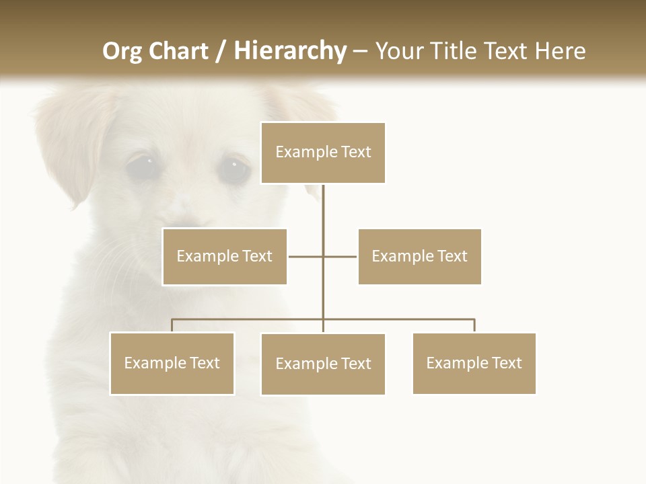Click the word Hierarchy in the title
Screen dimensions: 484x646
coord(289,51)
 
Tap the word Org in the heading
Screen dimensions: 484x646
coord(122,51)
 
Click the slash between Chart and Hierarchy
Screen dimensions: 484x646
coord(221,51)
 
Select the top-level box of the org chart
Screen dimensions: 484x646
coord(323,153)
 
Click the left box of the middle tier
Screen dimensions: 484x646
coord(224,256)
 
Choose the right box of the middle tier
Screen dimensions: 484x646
coord(419,256)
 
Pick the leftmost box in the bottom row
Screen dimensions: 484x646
coord(172,363)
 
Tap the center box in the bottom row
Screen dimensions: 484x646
coord(323,364)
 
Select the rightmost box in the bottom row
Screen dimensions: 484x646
coord(474,363)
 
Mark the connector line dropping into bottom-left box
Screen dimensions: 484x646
coord(172,325)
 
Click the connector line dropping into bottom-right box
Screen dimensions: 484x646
coord(474,325)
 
